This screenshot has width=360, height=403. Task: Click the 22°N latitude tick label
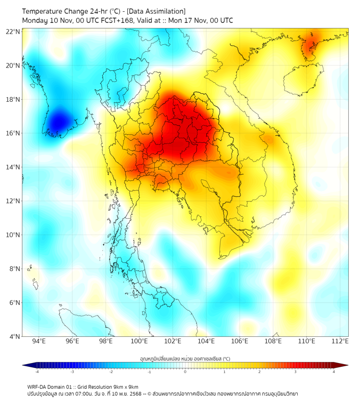pyautogui.click(x=13, y=31)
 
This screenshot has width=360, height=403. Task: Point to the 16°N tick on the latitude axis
pyautogui.click(x=13, y=133)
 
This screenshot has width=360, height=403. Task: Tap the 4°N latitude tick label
pyautogui.click(x=15, y=336)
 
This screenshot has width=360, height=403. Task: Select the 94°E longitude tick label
pyautogui.click(x=39, y=342)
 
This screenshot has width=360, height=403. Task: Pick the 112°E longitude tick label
pyautogui.click(x=340, y=342)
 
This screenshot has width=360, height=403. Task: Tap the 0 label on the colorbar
pyautogui.click(x=185, y=372)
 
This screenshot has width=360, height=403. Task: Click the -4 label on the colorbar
pyautogui.click(x=36, y=372)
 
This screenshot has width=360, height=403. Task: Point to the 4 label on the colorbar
pyautogui.click(x=334, y=372)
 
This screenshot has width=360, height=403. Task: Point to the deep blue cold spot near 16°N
pyautogui.click(x=57, y=122)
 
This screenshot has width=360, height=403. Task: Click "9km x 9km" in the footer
pyautogui.click(x=123, y=387)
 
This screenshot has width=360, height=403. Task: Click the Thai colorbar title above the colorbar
pyautogui.click(x=185, y=359)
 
